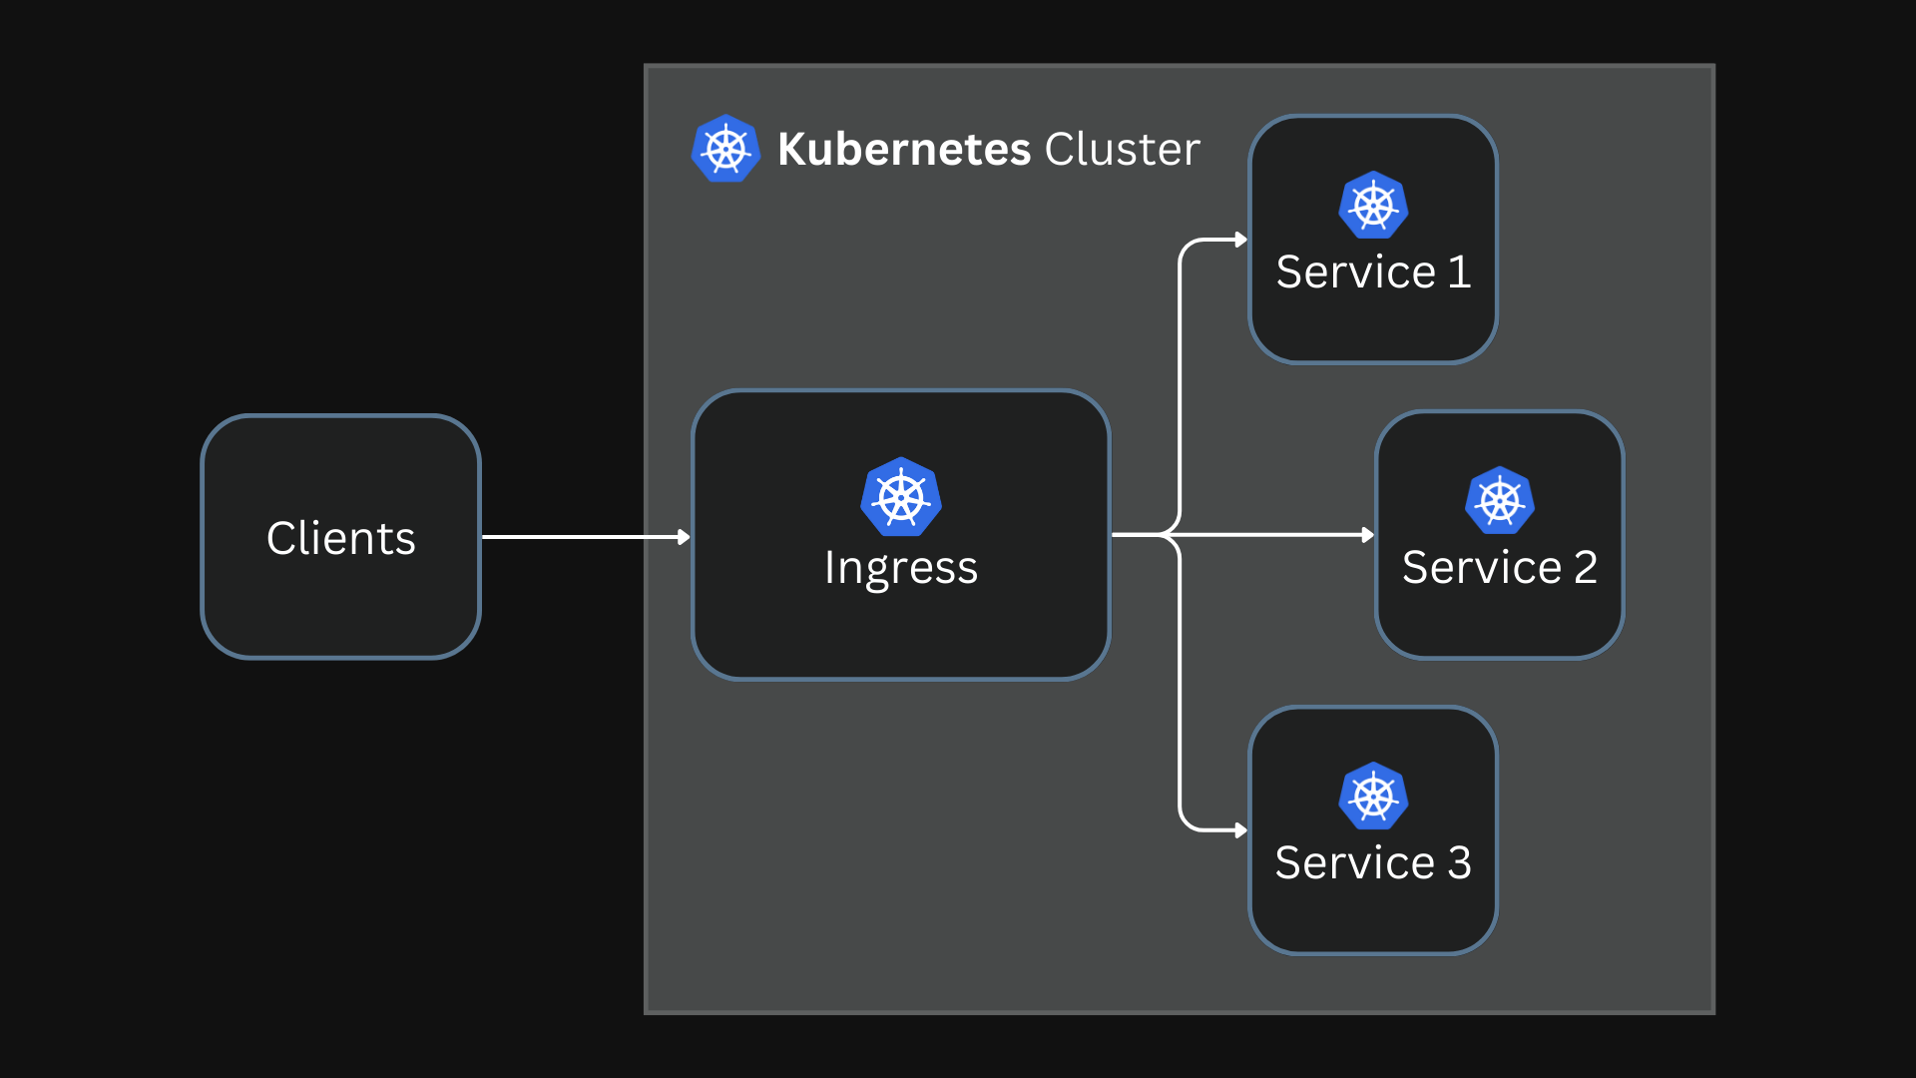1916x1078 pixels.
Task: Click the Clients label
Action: [x=340, y=538]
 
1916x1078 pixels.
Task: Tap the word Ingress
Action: [x=900, y=568]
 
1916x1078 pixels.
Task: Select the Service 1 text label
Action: [x=1373, y=271]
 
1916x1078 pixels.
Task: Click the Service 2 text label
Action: [x=1499, y=567]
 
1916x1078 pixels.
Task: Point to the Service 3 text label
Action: [x=1373, y=862]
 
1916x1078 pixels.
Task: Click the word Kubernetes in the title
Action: [x=903, y=149]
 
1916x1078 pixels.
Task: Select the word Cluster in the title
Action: [x=1122, y=149]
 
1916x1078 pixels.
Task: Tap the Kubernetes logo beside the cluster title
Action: [x=725, y=149]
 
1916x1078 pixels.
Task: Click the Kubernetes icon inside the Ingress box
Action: [x=901, y=497]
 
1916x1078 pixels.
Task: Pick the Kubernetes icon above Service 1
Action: [x=1373, y=206]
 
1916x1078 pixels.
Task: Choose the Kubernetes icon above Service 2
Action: [x=1499, y=501]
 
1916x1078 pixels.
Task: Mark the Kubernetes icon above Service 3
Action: [x=1373, y=797]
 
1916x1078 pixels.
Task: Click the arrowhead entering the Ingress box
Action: [x=685, y=537]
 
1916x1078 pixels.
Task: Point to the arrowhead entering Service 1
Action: [x=1241, y=240]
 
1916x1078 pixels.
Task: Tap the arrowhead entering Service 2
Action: [x=1368, y=535]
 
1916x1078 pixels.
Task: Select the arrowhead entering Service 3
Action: [x=1241, y=830]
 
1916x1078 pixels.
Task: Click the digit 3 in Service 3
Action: [x=1459, y=862]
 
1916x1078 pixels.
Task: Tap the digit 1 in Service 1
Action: [x=1459, y=271]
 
